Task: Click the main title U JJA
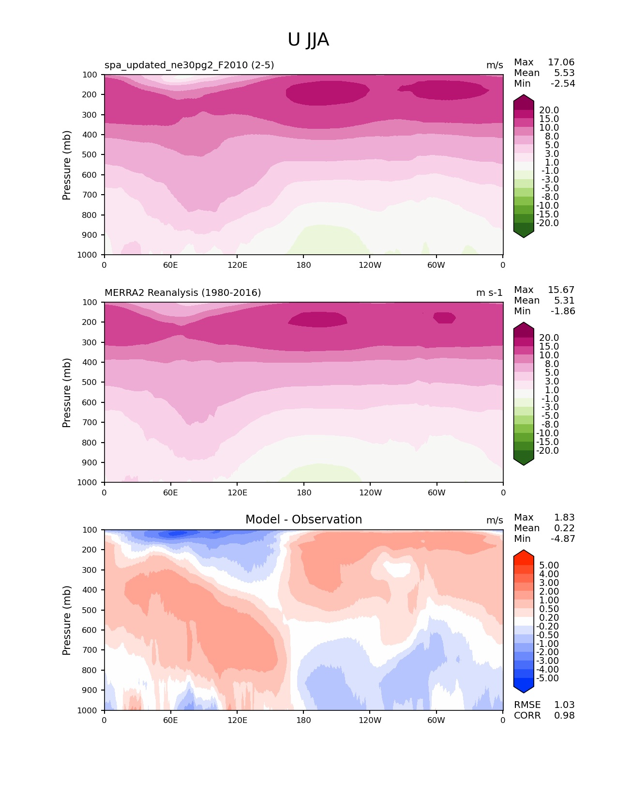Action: (308, 40)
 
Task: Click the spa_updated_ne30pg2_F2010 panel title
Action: (189, 65)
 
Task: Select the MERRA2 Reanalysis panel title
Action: (182, 292)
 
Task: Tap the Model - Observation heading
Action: (303, 520)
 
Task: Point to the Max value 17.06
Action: (561, 62)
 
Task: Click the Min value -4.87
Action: (563, 539)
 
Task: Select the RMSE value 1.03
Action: (564, 705)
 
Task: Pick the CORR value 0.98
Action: (564, 716)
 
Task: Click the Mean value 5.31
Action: (564, 301)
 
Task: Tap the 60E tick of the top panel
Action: (170, 265)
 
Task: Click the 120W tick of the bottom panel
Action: (370, 721)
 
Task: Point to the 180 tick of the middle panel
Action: (304, 492)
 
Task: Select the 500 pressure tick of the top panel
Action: (90, 155)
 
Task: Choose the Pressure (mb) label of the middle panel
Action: (67, 393)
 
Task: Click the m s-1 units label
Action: (489, 292)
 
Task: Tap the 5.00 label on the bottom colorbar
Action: (549, 566)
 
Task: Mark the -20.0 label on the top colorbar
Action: (547, 223)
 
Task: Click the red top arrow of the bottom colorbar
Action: (524, 555)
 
